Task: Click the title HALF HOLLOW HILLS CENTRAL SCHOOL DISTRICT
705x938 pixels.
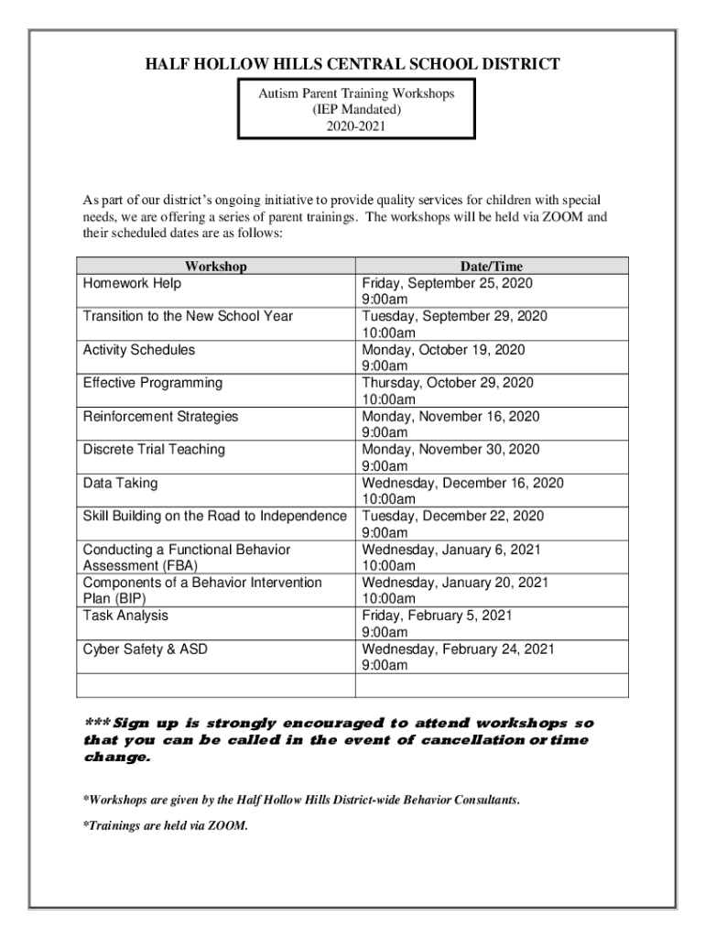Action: click(x=352, y=64)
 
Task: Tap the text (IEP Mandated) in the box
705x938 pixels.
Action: click(x=356, y=110)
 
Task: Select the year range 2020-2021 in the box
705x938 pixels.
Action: click(x=356, y=126)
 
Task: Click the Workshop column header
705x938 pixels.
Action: click(x=216, y=267)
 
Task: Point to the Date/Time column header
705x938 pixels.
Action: click(x=491, y=267)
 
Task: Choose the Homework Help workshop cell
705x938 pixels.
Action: click(x=132, y=284)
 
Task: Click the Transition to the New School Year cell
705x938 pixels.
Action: click(x=188, y=317)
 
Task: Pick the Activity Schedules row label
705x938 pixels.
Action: click(x=138, y=350)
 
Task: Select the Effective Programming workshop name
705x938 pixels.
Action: click(x=152, y=383)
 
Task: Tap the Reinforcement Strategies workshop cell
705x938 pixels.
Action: click(x=160, y=417)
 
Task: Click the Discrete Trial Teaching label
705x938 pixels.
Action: click(x=154, y=450)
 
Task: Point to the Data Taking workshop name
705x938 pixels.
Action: click(x=120, y=483)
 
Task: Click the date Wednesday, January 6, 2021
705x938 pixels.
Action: click(x=451, y=550)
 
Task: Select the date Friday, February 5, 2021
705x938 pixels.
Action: click(x=437, y=616)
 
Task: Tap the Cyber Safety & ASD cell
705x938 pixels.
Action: click(x=145, y=649)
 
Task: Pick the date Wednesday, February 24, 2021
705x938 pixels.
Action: click(x=458, y=649)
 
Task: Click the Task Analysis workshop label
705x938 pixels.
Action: click(x=125, y=616)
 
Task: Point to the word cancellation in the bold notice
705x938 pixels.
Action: click(x=471, y=740)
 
